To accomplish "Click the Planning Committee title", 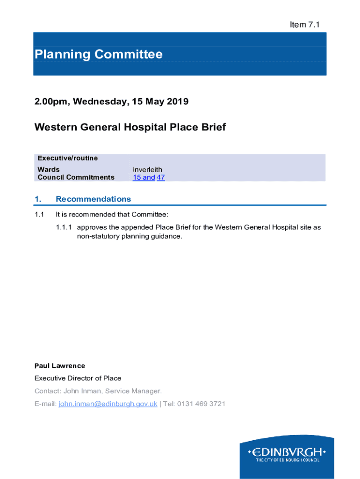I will point(98,55).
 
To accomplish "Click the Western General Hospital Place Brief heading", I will point(130,127).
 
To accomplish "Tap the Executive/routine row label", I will point(67,158).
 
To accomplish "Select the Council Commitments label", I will point(76,177).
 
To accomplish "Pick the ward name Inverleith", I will point(147,169).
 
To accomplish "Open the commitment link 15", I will point(137,177).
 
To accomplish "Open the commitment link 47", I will point(161,177).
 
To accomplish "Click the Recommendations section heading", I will point(93,199).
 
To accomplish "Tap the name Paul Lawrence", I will point(60,366).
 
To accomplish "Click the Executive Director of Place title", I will point(78,378).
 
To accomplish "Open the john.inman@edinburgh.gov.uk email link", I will point(108,403).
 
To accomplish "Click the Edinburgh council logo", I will point(287,454).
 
